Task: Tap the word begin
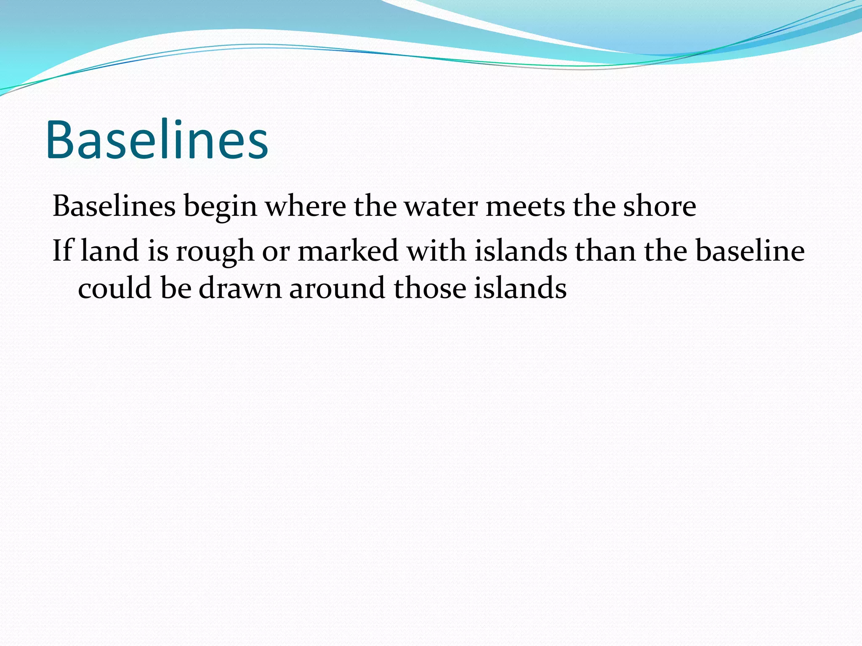pyautogui.click(x=220, y=207)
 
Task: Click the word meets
pyautogui.click(x=525, y=207)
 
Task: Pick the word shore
pyautogui.click(x=659, y=207)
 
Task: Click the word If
pyautogui.click(x=62, y=251)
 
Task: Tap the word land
pyautogui.click(x=109, y=251)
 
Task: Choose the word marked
pyautogui.click(x=348, y=251)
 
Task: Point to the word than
pyautogui.click(x=605, y=251)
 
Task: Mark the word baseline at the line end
pyautogui.click(x=750, y=251)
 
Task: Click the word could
pyautogui.click(x=114, y=288)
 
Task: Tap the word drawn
pyautogui.click(x=240, y=289)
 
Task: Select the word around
pyautogui.click(x=337, y=289)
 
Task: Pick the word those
pyautogui.click(x=429, y=289)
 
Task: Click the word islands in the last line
pyautogui.click(x=520, y=289)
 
